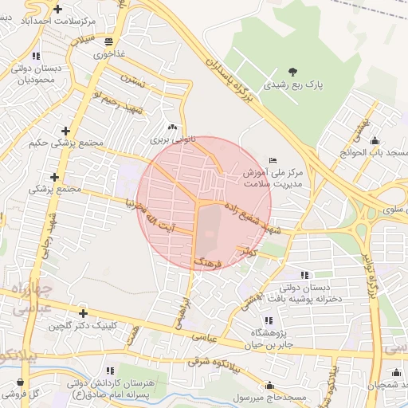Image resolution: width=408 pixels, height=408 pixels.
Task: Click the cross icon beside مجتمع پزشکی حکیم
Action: click(65, 131)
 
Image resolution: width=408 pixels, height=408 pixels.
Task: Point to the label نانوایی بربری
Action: click(167, 139)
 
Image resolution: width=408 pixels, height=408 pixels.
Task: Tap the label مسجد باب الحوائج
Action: click(375, 152)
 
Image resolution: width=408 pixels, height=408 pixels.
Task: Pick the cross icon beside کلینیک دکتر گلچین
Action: click(83, 313)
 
